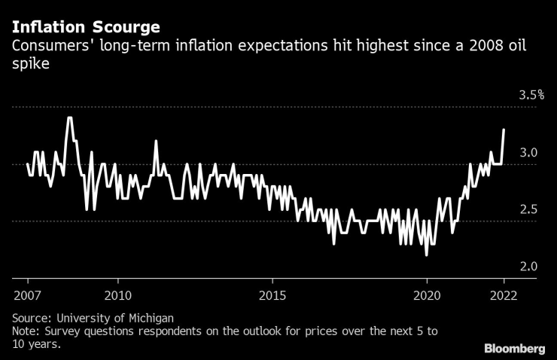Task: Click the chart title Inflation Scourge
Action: pyautogui.click(x=85, y=28)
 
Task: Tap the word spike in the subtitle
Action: pyautogui.click(x=27, y=66)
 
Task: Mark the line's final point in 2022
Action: pyautogui.click(x=504, y=130)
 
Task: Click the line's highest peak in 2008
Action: pyautogui.click(x=69, y=118)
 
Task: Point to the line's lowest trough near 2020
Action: pyautogui.click(x=427, y=255)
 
